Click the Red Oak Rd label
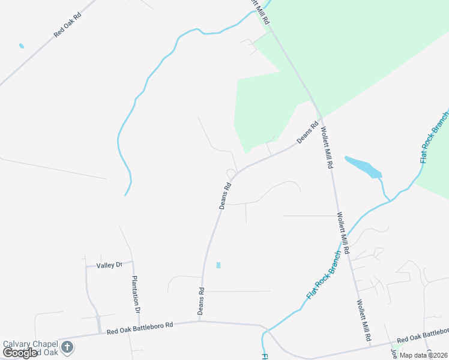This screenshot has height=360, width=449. pyautogui.click(x=67, y=25)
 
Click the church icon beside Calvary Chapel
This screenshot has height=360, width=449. pyautogui.click(x=67, y=347)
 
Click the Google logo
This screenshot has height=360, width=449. pyautogui.click(x=20, y=353)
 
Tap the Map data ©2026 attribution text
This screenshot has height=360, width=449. pyautogui.click(x=424, y=355)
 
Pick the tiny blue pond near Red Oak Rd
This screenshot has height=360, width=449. pyautogui.click(x=22, y=46)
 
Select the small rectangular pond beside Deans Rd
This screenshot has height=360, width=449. pyautogui.click(x=218, y=265)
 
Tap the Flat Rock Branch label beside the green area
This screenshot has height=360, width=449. pyautogui.click(x=433, y=137)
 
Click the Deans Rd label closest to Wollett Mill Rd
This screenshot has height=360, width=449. pyautogui.click(x=307, y=133)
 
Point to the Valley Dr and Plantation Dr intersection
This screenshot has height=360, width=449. pyautogui.click(x=131, y=262)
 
